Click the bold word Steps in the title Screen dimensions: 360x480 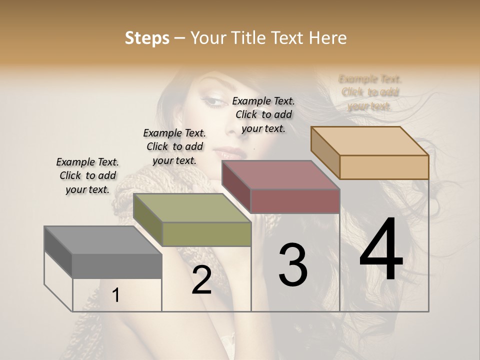pos(147,38)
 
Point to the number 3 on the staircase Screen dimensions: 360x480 pos(293,265)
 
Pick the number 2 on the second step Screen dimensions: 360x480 pos(201,280)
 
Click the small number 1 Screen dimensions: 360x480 pos(116,295)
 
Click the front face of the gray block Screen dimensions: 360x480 pos(117,265)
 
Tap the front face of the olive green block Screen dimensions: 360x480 pos(206,234)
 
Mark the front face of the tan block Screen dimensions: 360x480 pos(384,167)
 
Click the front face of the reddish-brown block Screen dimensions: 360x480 pos(295,201)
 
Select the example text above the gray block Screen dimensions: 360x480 pos(87,175)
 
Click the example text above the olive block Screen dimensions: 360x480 pos(174,146)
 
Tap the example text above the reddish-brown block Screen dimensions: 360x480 pos(263,114)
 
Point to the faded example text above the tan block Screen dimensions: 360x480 pos(370,92)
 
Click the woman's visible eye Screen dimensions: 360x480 pos(215,101)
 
